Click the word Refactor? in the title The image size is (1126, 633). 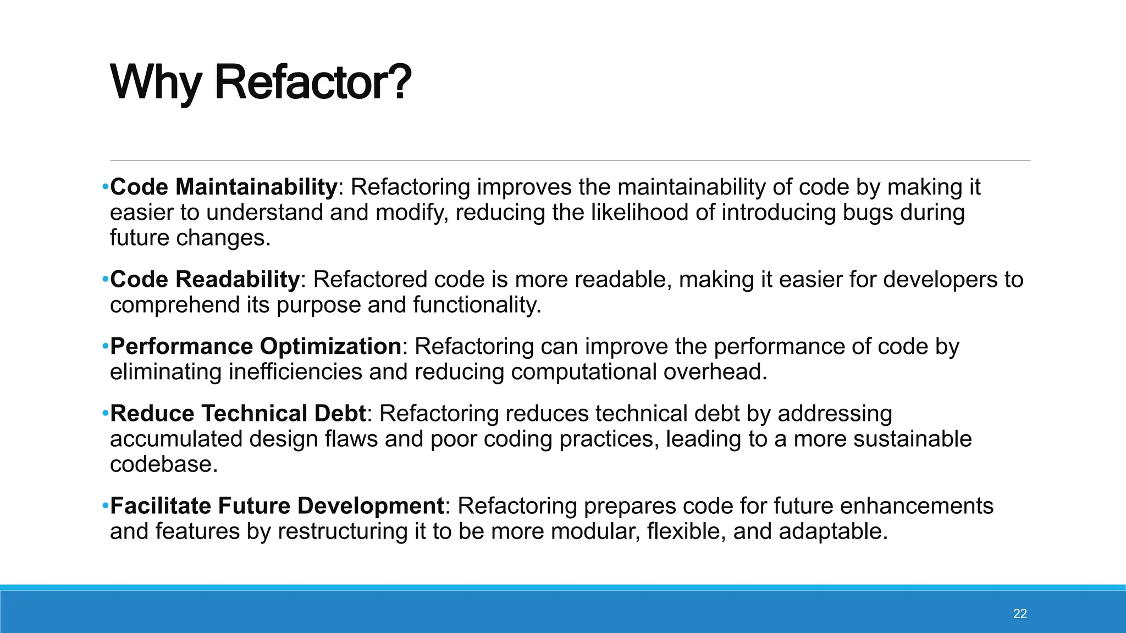(312, 84)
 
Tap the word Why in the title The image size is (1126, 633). (156, 84)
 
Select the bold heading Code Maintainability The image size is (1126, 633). (223, 187)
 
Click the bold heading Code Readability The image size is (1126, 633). (205, 280)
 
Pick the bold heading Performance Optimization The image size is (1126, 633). (256, 347)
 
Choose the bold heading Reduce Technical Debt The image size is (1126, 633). (238, 414)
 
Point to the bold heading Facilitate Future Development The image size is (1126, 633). (277, 506)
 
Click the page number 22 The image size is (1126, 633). (1020, 614)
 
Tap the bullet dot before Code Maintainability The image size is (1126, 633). (105, 187)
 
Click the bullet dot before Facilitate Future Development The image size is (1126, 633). (105, 506)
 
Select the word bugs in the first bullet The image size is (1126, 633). (868, 213)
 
